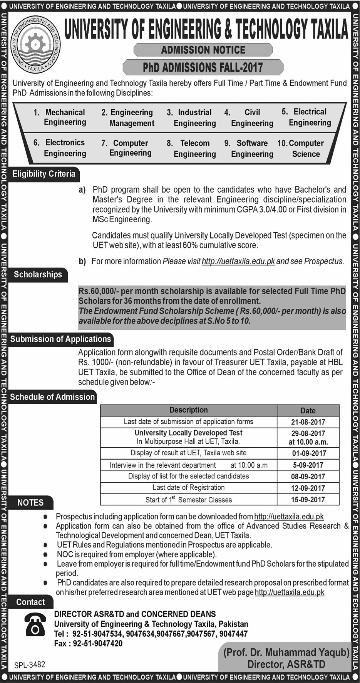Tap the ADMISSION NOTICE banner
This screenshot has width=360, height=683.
tap(203, 50)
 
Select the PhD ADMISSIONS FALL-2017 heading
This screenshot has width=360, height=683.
tap(203, 68)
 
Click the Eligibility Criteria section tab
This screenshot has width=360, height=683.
tap(44, 174)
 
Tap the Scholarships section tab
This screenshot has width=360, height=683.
tap(38, 275)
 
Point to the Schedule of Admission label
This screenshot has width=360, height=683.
tap(52, 397)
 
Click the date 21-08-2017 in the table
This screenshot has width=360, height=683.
tap(308, 422)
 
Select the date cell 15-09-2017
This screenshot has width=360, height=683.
tap(308, 500)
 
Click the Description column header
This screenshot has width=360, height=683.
tap(189, 410)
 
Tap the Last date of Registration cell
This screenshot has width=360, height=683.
tap(189, 488)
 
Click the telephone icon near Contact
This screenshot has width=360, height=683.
tap(35, 624)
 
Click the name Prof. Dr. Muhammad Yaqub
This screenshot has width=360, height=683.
tap(286, 652)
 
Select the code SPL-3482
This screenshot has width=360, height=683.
tap(30, 665)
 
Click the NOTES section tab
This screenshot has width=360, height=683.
tap(30, 503)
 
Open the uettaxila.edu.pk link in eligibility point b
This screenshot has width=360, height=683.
tap(238, 261)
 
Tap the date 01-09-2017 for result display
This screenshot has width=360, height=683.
tap(308, 453)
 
